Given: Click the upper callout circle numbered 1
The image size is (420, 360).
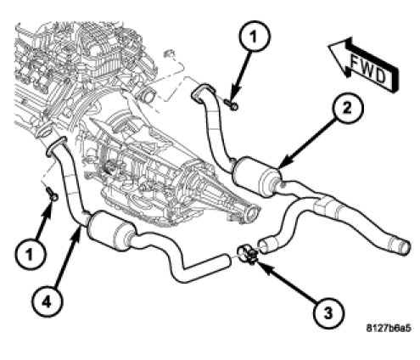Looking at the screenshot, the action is pyautogui.click(x=255, y=37).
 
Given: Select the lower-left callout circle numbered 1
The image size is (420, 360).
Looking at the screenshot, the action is pyautogui.click(x=31, y=253).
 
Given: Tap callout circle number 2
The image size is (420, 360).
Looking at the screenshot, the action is pyautogui.click(x=348, y=109).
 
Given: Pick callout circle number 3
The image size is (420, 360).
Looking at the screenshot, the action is pyautogui.click(x=328, y=312).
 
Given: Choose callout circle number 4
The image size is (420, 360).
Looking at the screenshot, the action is pyautogui.click(x=47, y=302).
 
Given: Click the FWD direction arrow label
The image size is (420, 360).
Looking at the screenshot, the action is pyautogui.click(x=364, y=65).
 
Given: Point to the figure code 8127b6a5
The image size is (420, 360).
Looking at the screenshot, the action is pyautogui.click(x=389, y=329).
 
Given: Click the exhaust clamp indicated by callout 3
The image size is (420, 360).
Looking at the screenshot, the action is pyautogui.click(x=247, y=254).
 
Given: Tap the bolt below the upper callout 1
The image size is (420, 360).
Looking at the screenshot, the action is pyautogui.click(x=232, y=104).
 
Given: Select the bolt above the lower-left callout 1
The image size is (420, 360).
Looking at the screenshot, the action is pyautogui.click(x=52, y=194).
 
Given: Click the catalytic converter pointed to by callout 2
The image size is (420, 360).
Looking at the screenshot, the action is pyautogui.click(x=257, y=176).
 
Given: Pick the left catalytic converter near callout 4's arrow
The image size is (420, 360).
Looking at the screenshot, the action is pyautogui.click(x=110, y=231).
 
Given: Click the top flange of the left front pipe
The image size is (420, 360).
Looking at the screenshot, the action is pyautogui.click(x=56, y=146).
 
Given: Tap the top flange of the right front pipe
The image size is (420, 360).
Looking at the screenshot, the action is pyautogui.click(x=203, y=91).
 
